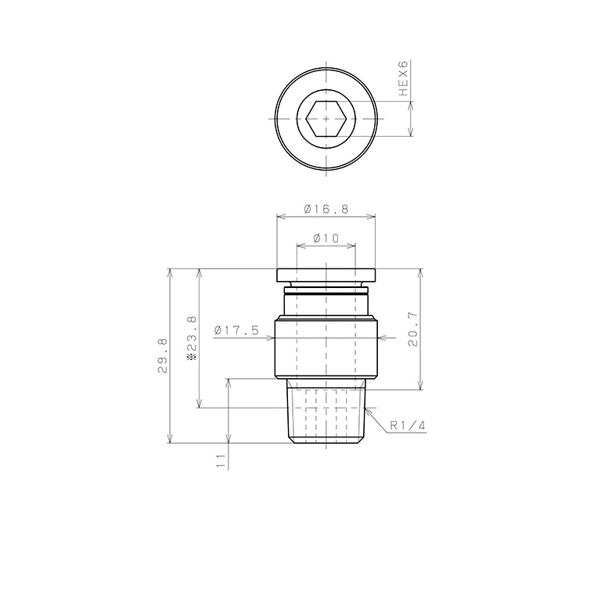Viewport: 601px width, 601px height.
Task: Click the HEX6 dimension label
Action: (404, 78)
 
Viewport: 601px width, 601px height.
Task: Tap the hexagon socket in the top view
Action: (326, 119)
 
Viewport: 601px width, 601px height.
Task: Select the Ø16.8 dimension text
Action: (326, 209)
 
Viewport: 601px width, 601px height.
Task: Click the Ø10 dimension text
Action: (326, 238)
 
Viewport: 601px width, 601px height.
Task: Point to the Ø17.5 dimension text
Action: (236, 330)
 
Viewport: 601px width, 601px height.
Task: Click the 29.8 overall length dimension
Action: (162, 354)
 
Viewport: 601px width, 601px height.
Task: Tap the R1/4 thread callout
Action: (408, 426)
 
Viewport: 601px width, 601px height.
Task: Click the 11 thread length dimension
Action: (221, 461)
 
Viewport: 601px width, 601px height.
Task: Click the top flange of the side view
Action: (326, 275)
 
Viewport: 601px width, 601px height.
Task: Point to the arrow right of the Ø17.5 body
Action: (381, 339)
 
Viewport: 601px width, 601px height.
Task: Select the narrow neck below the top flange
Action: (326, 299)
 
